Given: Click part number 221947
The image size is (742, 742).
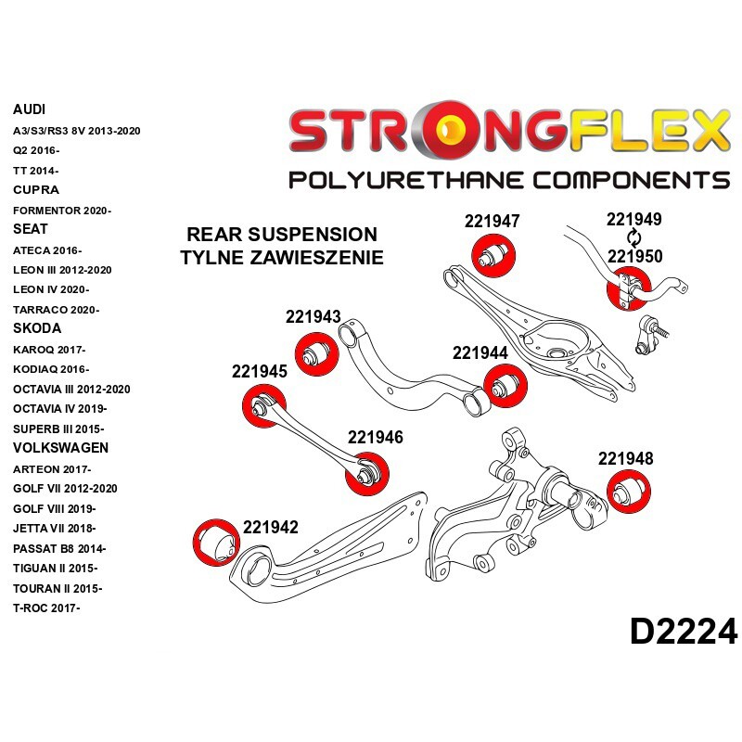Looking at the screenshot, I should (492, 222).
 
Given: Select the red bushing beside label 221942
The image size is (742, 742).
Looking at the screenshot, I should (212, 540).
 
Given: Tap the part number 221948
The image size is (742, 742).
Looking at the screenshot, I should (625, 458).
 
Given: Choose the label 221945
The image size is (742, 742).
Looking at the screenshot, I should (259, 371).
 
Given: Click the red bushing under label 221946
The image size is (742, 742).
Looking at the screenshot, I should (365, 474).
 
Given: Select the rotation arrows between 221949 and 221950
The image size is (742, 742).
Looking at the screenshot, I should (633, 238).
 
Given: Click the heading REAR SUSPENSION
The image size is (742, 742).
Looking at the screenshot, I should (282, 235).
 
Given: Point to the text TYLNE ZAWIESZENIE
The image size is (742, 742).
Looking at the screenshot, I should (282, 258).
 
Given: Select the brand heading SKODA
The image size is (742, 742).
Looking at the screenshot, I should (37, 328).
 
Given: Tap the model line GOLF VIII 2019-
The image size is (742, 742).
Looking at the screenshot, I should (55, 508).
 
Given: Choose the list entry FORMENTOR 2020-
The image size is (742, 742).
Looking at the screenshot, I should (62, 211).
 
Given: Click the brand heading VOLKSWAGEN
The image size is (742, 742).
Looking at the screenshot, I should (60, 448).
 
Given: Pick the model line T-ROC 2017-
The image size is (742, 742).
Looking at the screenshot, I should (47, 608).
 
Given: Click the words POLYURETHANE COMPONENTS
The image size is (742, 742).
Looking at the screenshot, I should (509, 180).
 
